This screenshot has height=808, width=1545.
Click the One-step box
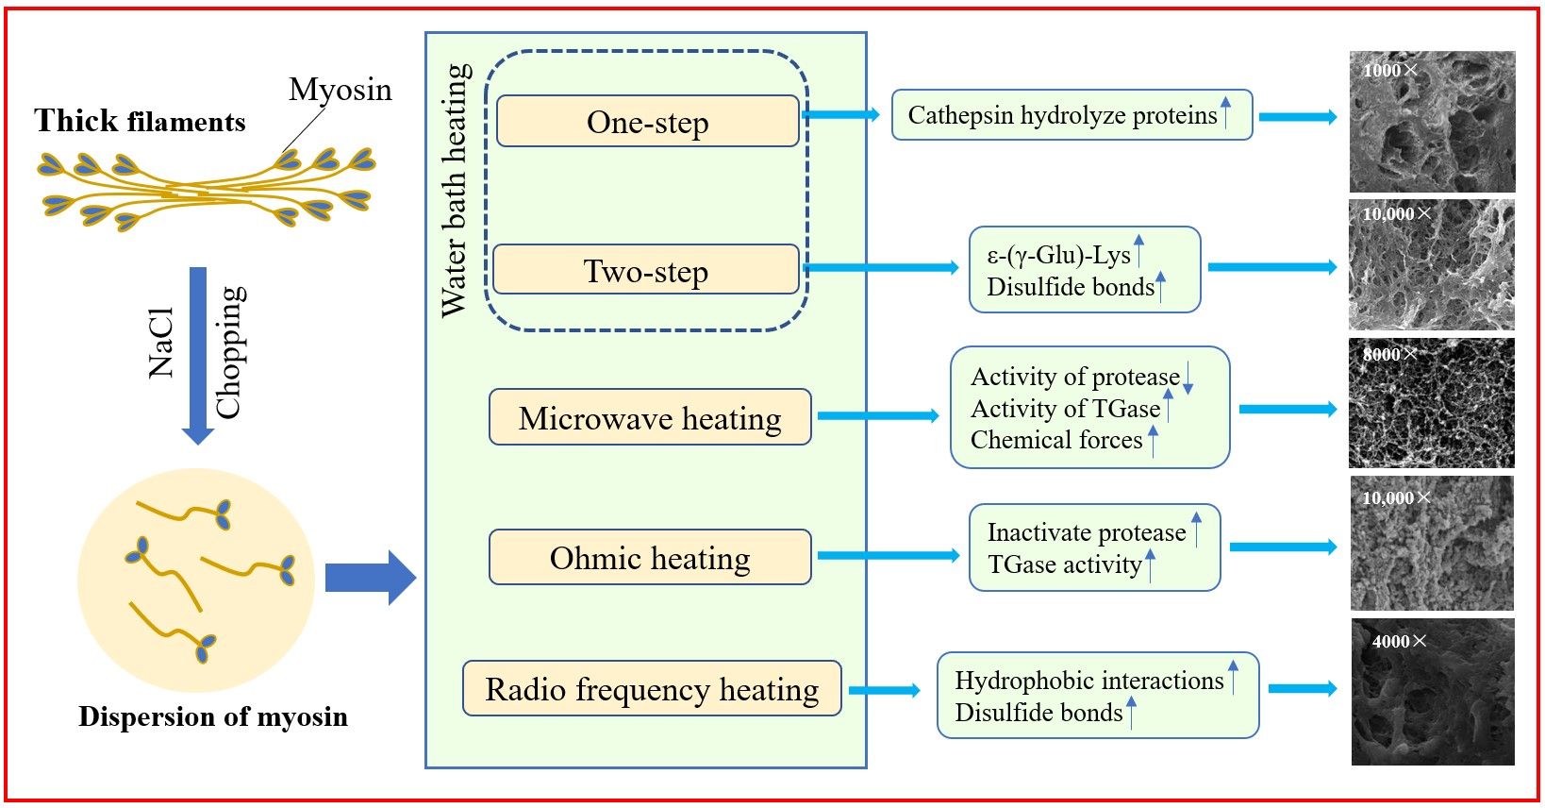(x=647, y=122)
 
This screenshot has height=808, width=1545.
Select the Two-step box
(x=646, y=271)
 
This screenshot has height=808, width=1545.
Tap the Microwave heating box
(x=650, y=417)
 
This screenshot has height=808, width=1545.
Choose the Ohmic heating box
(x=650, y=558)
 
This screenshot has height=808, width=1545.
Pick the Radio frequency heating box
(x=652, y=689)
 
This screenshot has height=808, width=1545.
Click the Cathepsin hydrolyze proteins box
(x=1072, y=115)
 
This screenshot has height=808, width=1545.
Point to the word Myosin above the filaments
(x=340, y=90)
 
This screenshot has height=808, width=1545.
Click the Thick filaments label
(x=140, y=121)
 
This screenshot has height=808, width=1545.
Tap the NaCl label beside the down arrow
(x=162, y=342)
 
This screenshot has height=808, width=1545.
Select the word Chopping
(x=229, y=352)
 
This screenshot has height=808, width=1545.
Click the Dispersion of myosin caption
(x=213, y=716)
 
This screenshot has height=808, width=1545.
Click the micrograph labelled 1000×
(x=1432, y=122)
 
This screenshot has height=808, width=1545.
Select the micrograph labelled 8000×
(x=1432, y=403)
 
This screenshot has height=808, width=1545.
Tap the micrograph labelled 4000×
(x=1432, y=692)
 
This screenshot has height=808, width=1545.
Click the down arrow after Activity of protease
(x=1188, y=377)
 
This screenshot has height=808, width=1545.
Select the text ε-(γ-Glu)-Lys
(x=1058, y=256)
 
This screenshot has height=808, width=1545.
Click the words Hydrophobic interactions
(x=1088, y=681)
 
